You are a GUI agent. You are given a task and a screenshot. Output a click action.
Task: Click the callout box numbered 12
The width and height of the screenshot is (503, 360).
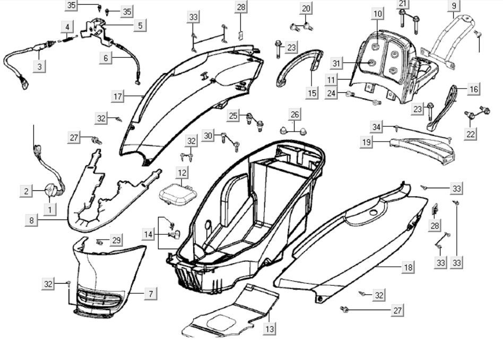pyautogui.click(x=182, y=173)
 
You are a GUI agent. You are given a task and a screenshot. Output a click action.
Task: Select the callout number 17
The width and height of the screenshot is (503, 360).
pyautogui.click(x=118, y=96)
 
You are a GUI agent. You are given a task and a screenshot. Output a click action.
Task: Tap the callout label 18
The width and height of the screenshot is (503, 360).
pyautogui.click(x=407, y=267)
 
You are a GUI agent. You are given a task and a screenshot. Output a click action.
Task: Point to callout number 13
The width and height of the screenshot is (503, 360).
pyautogui.click(x=270, y=329)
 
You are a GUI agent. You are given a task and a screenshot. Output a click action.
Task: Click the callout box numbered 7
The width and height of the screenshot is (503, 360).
pyautogui.click(x=150, y=293)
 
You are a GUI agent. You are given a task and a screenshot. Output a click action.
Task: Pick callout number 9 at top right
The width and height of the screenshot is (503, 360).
pyautogui.click(x=454, y=6)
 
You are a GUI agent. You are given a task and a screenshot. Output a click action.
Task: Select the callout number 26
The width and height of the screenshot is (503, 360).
pyautogui.click(x=295, y=115)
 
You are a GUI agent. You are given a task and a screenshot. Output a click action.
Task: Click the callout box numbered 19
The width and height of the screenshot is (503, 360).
pyautogui.click(x=366, y=142)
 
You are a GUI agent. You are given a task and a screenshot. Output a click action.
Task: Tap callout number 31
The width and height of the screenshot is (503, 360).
pyautogui.click(x=335, y=64)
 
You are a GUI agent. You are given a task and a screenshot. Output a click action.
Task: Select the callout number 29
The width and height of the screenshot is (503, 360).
pyautogui.click(x=116, y=241)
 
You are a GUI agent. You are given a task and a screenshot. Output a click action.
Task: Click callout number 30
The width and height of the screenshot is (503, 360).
pyautogui.click(x=208, y=136)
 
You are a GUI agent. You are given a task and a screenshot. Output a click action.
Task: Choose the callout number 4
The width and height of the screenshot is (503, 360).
pyautogui.click(x=67, y=27)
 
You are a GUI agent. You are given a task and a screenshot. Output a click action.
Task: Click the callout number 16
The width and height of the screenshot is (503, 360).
pyautogui.click(x=474, y=89)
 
